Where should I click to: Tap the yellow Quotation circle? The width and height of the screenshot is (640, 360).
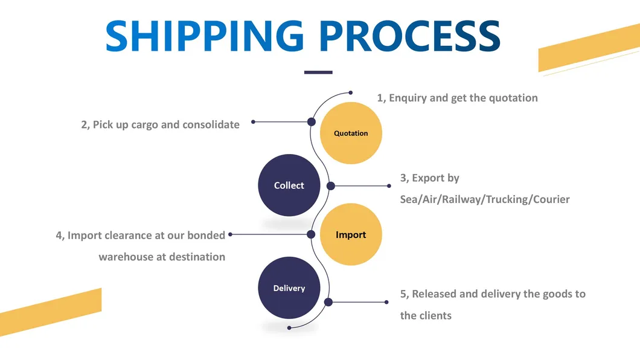pos(351,133)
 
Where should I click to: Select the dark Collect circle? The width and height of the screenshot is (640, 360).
pos(289,185)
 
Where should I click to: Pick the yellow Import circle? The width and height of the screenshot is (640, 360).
pos(351,234)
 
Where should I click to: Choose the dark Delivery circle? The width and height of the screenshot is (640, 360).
pos(289,288)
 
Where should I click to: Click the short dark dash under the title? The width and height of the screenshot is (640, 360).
pos(318,72)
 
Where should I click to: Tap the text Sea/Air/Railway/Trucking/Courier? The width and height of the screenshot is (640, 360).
pos(485,199)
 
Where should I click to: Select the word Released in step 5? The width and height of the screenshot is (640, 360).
pos(434,294)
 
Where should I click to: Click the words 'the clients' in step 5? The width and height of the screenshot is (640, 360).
pos(426,315)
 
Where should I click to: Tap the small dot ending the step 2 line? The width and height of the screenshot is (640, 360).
pos(253,122)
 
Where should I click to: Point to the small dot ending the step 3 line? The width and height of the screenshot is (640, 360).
pos(386,185)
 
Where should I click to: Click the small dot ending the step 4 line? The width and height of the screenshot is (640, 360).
pos(231,234)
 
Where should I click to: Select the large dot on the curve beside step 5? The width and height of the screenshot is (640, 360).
pos(328,302)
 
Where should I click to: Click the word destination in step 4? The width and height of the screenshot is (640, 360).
pos(197,257)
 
